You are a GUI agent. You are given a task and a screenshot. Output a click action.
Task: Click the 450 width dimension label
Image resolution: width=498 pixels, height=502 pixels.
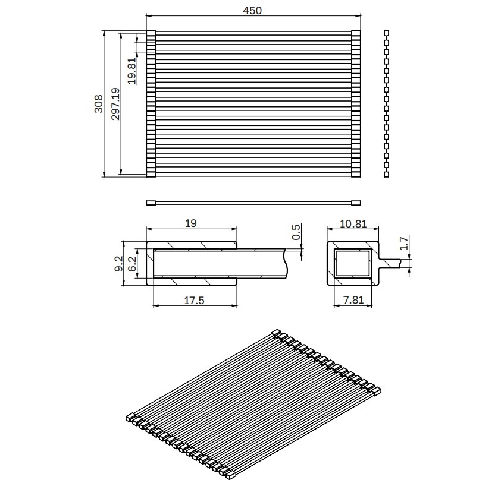click(252, 11)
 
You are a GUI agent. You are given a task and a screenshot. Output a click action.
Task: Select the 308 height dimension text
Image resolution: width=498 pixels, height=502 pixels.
click(99, 104)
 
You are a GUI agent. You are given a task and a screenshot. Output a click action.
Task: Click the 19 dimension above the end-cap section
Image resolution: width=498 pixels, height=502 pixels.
click(191, 223)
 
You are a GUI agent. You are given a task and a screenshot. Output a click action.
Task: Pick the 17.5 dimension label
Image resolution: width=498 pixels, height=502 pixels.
click(194, 301)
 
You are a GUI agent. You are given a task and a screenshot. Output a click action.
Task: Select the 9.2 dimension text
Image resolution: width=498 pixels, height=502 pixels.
click(118, 264)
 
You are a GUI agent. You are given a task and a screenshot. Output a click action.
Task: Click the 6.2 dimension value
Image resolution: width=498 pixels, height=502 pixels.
click(132, 264)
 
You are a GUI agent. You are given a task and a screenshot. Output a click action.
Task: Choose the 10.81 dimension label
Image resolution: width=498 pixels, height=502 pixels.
click(353, 223)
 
